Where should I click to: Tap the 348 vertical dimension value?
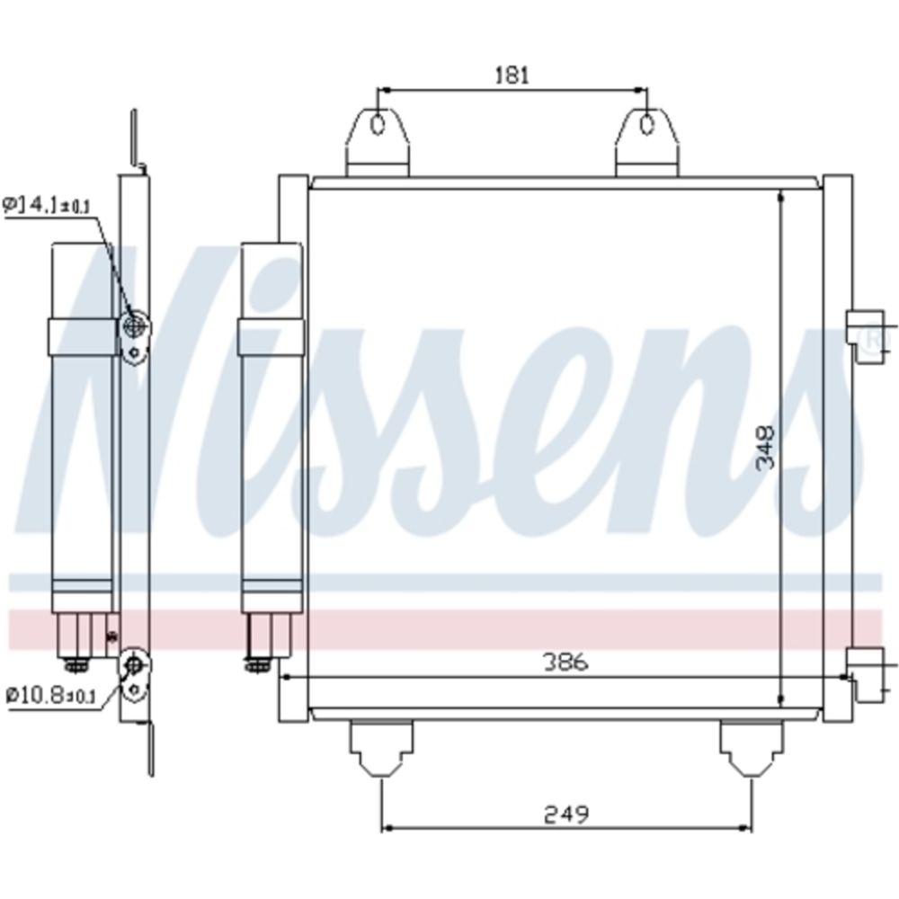765,448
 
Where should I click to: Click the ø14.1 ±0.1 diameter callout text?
47,206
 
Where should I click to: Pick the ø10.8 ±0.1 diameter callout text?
50,694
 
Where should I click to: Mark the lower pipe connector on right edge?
866,674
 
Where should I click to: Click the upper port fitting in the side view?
134,325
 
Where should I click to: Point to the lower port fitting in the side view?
134,666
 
